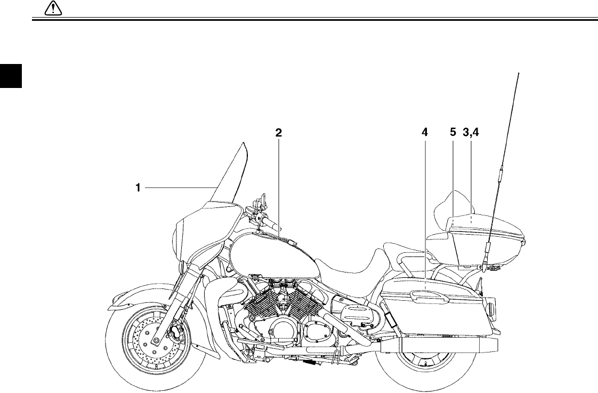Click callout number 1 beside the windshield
[138, 187]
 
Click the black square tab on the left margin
[10, 76]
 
